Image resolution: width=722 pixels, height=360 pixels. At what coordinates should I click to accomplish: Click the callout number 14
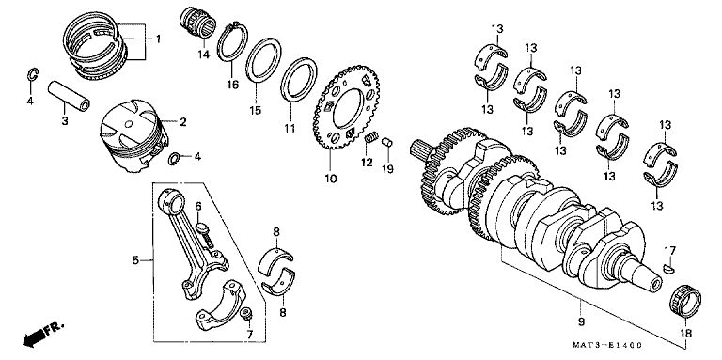(203, 55)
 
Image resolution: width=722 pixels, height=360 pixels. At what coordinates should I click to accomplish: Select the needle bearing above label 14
(197, 23)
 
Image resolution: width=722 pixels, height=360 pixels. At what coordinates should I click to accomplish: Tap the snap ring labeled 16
(232, 41)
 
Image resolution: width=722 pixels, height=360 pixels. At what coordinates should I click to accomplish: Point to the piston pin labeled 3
(69, 96)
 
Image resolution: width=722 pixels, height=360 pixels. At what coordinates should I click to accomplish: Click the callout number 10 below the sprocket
(331, 179)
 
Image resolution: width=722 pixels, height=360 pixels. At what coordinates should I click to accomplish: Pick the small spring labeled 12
(371, 137)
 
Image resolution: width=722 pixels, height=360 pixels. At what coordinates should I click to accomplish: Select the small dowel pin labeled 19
(387, 142)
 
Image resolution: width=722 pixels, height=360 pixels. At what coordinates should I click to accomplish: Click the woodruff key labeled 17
(669, 268)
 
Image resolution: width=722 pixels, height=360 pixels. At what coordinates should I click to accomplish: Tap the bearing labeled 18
(684, 302)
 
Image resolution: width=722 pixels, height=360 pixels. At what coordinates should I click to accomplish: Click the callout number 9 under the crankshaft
(581, 321)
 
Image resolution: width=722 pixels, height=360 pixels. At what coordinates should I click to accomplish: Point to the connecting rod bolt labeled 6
(205, 236)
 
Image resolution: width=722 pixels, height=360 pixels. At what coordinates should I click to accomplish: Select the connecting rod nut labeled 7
(247, 314)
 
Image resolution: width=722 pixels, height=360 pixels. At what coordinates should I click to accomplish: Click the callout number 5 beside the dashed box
(135, 260)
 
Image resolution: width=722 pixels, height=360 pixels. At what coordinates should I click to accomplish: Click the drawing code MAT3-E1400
(607, 345)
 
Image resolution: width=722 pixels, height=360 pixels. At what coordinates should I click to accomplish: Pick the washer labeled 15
(263, 60)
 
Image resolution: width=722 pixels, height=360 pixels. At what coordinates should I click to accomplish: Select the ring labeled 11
(299, 80)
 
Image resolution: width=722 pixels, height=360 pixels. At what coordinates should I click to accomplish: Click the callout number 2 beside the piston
(182, 122)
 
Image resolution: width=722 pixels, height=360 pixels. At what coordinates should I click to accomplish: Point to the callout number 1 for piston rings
(158, 39)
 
